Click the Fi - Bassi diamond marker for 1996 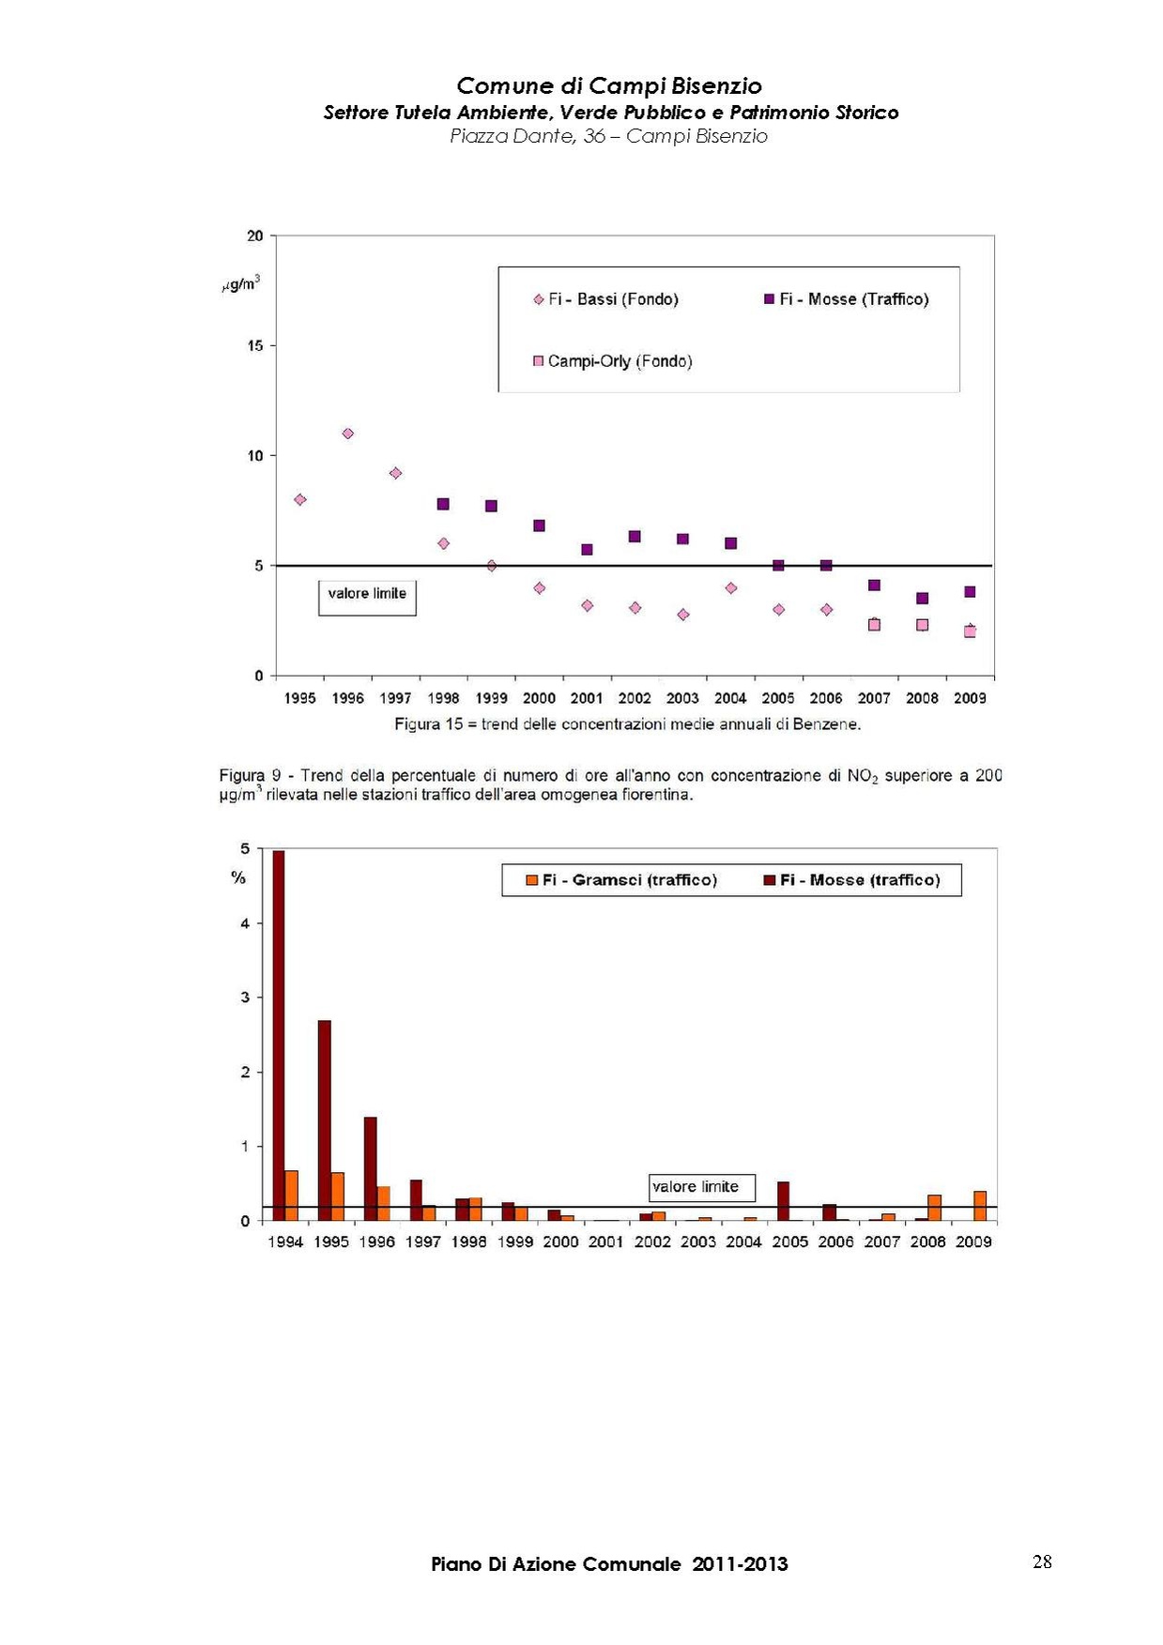coord(348,434)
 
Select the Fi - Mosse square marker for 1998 coord(443,504)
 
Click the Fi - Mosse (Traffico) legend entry coord(846,299)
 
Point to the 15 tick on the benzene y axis coord(255,346)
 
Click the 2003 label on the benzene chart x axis coord(682,698)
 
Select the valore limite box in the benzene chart coord(367,595)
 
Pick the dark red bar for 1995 coord(324,1120)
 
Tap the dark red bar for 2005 coord(783,1201)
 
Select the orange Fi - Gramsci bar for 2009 coord(980,1206)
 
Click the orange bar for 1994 coord(292,1196)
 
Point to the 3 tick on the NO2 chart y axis coord(246,998)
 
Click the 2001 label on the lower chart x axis coord(606,1242)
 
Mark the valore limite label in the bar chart coord(696,1187)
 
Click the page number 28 coord(1042,1562)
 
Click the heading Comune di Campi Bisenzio coord(609,86)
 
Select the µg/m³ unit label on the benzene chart coord(241,283)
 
